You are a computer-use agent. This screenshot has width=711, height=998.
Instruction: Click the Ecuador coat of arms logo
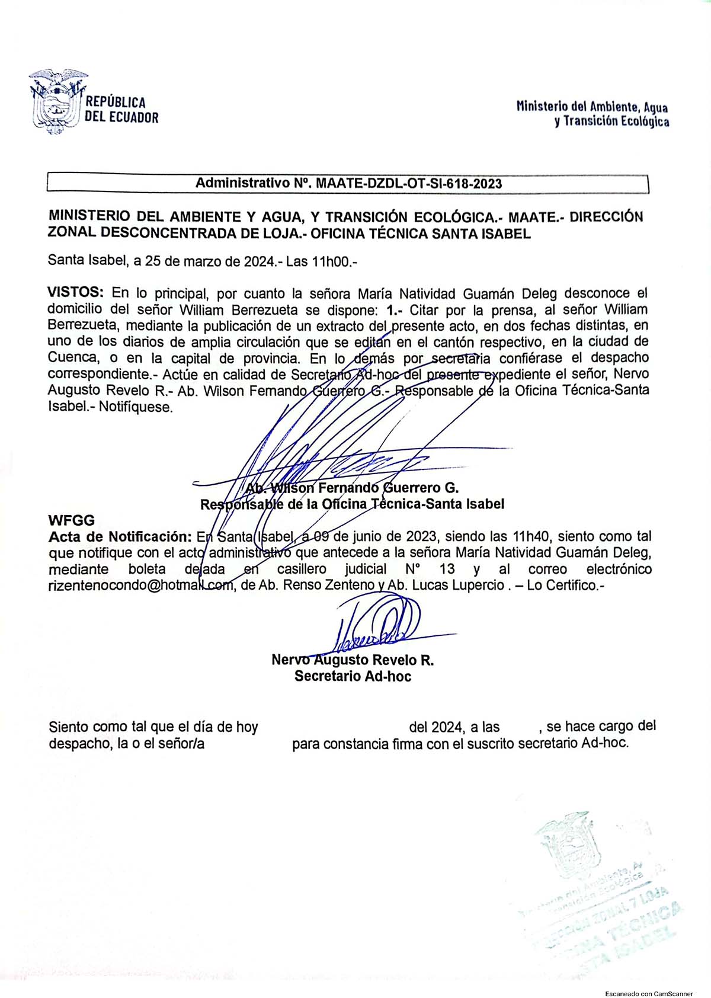(56, 102)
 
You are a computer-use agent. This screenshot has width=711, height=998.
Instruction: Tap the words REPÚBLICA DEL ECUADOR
(121, 110)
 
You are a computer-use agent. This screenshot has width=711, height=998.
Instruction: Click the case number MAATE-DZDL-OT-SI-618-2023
(409, 184)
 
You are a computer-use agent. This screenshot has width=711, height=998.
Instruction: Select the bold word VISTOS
(75, 293)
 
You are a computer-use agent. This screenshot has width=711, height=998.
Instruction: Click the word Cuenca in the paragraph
(71, 359)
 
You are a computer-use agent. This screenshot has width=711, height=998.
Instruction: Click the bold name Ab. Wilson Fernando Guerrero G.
(353, 488)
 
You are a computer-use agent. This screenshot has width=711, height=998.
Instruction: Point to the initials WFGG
(71, 521)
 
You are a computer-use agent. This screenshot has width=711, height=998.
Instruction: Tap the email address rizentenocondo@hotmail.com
(140, 586)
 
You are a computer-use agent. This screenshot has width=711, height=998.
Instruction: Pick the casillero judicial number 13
(448, 570)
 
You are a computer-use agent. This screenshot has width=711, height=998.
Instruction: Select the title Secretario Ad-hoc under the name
(353, 676)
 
